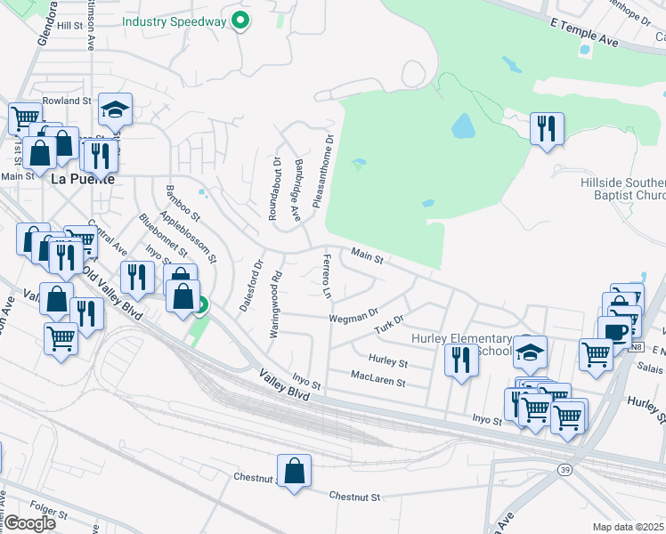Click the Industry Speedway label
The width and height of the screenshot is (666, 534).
[x=173, y=20]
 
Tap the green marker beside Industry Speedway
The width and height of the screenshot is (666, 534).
[x=240, y=20]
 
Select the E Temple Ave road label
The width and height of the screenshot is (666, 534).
[x=583, y=31]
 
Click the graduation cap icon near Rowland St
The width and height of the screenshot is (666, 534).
[x=115, y=109]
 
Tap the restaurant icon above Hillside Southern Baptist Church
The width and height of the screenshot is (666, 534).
[x=547, y=128]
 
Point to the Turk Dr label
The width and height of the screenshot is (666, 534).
[x=389, y=326]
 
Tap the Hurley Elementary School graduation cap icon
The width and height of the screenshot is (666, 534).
[x=530, y=352]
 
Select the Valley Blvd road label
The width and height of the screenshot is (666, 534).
[x=284, y=386]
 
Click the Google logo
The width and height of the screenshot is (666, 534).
[x=30, y=523]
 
